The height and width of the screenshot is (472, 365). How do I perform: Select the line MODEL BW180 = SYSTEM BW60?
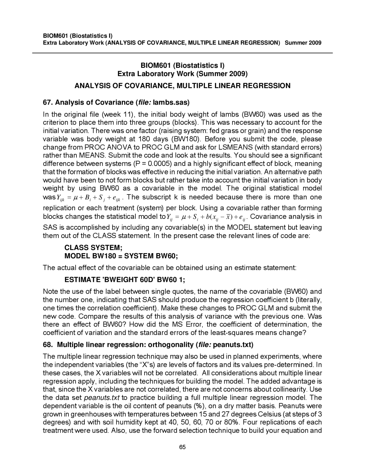(121, 256)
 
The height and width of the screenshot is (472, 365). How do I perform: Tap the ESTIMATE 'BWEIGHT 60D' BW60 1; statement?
(125, 280)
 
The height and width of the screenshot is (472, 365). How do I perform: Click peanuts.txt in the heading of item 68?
(233, 345)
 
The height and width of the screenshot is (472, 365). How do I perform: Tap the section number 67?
(47, 102)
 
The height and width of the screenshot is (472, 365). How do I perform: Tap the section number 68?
(47, 345)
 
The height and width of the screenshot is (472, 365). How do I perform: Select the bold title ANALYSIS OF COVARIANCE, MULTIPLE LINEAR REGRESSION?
(182, 86)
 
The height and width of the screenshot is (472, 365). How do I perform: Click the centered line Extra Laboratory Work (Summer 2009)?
(182, 74)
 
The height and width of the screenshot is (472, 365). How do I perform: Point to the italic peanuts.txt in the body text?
(102, 398)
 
